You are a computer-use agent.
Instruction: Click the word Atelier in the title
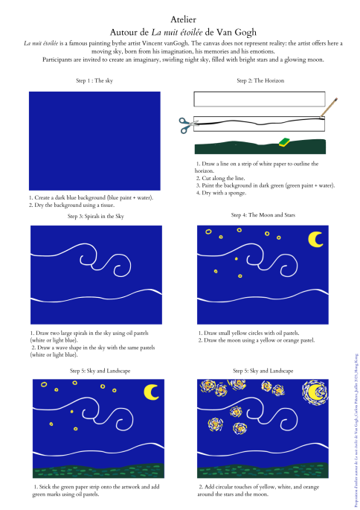pyautogui.click(x=183, y=19)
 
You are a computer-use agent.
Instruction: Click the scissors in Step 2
pyautogui.click(x=188, y=126)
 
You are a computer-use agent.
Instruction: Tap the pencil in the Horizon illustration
pyautogui.click(x=329, y=107)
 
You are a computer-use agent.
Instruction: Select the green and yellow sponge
pyautogui.click(x=284, y=141)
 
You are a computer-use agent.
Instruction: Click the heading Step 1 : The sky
pyautogui.click(x=94, y=80)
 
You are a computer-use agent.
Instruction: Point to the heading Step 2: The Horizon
pyautogui.click(x=260, y=80)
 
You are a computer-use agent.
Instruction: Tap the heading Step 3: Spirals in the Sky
pyautogui.click(x=95, y=216)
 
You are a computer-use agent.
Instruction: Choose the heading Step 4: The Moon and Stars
pyautogui.click(x=263, y=214)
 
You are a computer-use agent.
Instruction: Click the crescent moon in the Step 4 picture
pyautogui.click(x=314, y=240)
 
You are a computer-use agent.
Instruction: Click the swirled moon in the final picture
pyautogui.click(x=315, y=392)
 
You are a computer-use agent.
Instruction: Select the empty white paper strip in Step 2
pyautogui.click(x=260, y=99)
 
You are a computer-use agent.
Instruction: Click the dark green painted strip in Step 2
pyautogui.click(x=260, y=147)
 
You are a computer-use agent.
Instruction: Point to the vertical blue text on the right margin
pyautogui.click(x=356, y=430)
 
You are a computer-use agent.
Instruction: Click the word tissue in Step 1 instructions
pyautogui.click(x=106, y=205)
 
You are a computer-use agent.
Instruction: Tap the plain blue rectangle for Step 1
pyautogui.click(x=94, y=141)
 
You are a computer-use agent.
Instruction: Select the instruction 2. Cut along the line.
pyautogui.click(x=220, y=178)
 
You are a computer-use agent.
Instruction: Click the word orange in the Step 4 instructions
pyautogui.click(x=287, y=340)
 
